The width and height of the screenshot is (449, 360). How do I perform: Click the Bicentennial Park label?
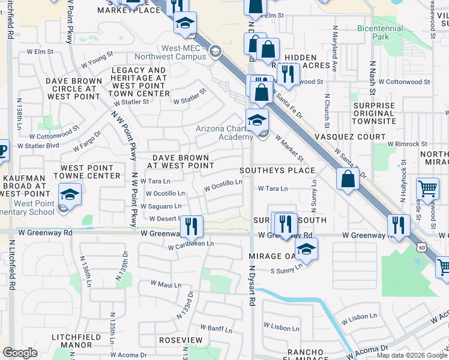point(381,32)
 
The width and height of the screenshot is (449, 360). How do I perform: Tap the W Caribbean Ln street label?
point(191,244)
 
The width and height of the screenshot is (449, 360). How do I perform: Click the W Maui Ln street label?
point(166,283)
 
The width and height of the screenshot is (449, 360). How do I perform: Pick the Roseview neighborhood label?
point(181,340)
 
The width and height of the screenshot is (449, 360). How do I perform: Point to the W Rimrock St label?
point(405,144)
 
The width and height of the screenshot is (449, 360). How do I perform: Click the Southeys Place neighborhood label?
point(277,170)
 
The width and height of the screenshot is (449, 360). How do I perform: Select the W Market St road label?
point(290,148)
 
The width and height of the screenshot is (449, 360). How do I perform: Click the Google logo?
point(20,353)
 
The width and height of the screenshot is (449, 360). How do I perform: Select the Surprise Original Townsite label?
point(360,113)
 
